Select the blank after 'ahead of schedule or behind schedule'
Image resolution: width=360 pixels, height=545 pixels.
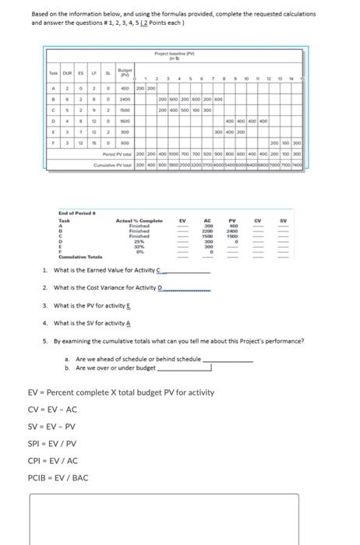[228, 360]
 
